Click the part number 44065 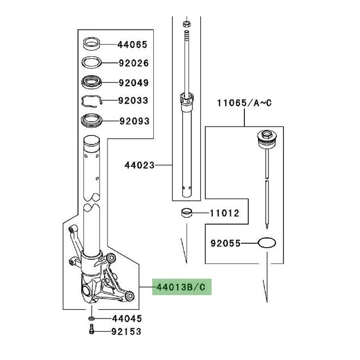click(x=133, y=44)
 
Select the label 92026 click(x=134, y=63)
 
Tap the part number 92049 click(x=134, y=83)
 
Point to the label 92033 click(x=134, y=101)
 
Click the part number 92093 click(x=134, y=121)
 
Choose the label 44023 click(x=140, y=164)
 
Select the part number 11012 click(x=225, y=213)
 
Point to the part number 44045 click(x=127, y=319)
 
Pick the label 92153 click(x=127, y=331)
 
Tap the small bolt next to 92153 click(x=92, y=331)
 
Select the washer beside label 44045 click(x=91, y=319)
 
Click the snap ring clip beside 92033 click(x=92, y=101)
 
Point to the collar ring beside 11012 click(x=188, y=212)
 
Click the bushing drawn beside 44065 click(x=91, y=43)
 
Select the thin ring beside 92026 click(x=91, y=63)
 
